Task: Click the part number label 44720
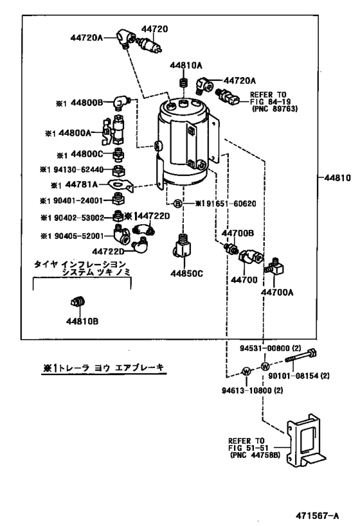click(x=154, y=30)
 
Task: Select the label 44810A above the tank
click(x=186, y=66)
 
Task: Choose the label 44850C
click(x=186, y=273)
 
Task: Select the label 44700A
click(x=277, y=292)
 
